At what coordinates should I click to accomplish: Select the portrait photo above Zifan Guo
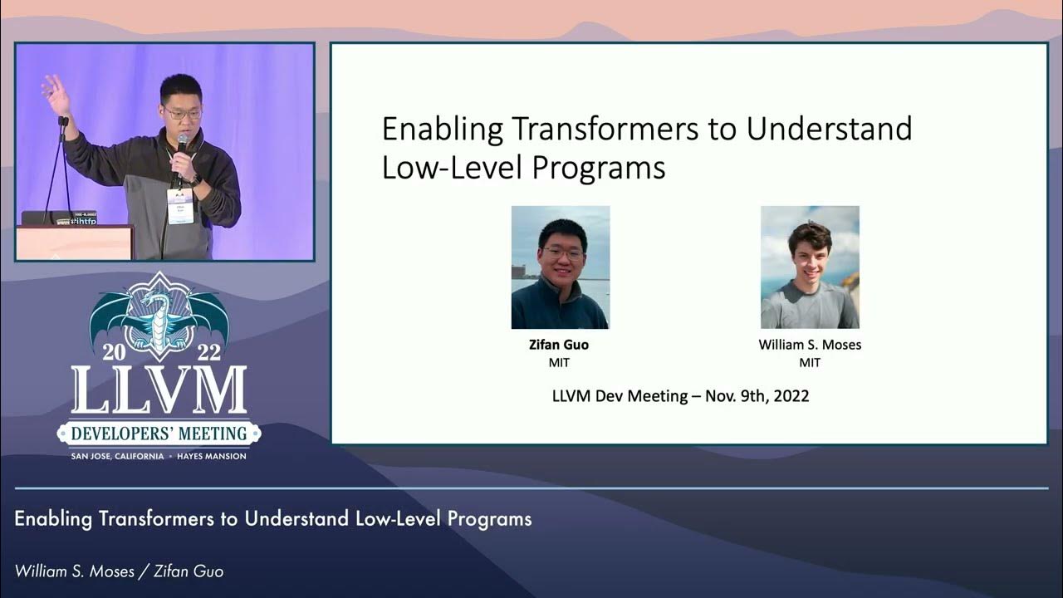click(560, 267)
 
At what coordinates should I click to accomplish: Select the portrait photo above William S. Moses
click(810, 267)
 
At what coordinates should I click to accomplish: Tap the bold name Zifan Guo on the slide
click(559, 345)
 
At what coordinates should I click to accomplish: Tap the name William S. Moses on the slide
click(810, 345)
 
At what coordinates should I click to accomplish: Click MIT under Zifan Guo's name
click(559, 363)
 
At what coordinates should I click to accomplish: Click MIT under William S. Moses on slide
click(810, 363)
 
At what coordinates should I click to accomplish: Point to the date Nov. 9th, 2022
click(757, 396)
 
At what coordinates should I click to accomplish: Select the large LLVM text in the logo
click(159, 390)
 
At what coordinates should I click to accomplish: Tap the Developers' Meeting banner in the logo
click(159, 433)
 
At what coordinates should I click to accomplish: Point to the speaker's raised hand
click(56, 94)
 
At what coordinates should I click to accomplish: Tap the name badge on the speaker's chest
click(179, 205)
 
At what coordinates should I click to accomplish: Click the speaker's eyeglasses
click(182, 114)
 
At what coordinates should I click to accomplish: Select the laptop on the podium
click(58, 218)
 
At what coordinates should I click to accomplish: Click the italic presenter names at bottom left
click(119, 571)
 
